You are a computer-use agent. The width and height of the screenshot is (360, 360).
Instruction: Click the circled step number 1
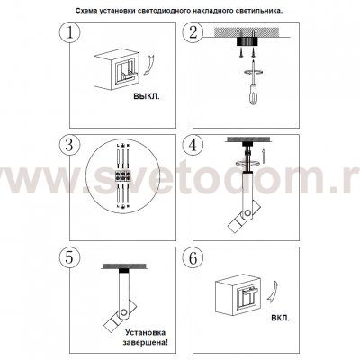(70, 32)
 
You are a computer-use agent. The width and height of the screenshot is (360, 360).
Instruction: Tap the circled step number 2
(193, 32)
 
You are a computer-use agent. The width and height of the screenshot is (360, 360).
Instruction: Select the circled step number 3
(70, 145)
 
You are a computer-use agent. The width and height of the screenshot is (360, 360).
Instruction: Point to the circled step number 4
(193, 145)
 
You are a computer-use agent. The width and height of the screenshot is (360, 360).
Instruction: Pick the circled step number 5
(70, 258)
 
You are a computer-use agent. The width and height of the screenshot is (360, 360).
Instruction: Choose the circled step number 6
(193, 258)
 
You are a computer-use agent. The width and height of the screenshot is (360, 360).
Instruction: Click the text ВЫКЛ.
(147, 96)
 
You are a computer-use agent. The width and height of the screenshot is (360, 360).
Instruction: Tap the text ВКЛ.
(281, 318)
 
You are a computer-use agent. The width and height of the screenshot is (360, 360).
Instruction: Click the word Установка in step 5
(146, 332)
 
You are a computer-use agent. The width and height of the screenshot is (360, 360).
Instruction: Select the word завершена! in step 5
(146, 342)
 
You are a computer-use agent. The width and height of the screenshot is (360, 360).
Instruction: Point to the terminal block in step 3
(123, 175)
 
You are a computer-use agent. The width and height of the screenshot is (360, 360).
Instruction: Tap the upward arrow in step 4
(264, 156)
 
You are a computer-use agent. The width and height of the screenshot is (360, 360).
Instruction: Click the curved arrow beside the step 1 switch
(148, 64)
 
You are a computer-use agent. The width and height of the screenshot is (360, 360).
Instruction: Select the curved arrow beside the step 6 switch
(272, 294)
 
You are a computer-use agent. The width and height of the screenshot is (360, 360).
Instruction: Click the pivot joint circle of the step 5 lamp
(123, 312)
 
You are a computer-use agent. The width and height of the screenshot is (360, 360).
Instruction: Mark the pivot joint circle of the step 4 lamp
(247, 213)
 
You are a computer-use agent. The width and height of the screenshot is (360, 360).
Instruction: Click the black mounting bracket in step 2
(247, 41)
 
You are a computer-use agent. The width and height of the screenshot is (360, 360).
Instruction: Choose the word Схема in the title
(85, 11)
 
